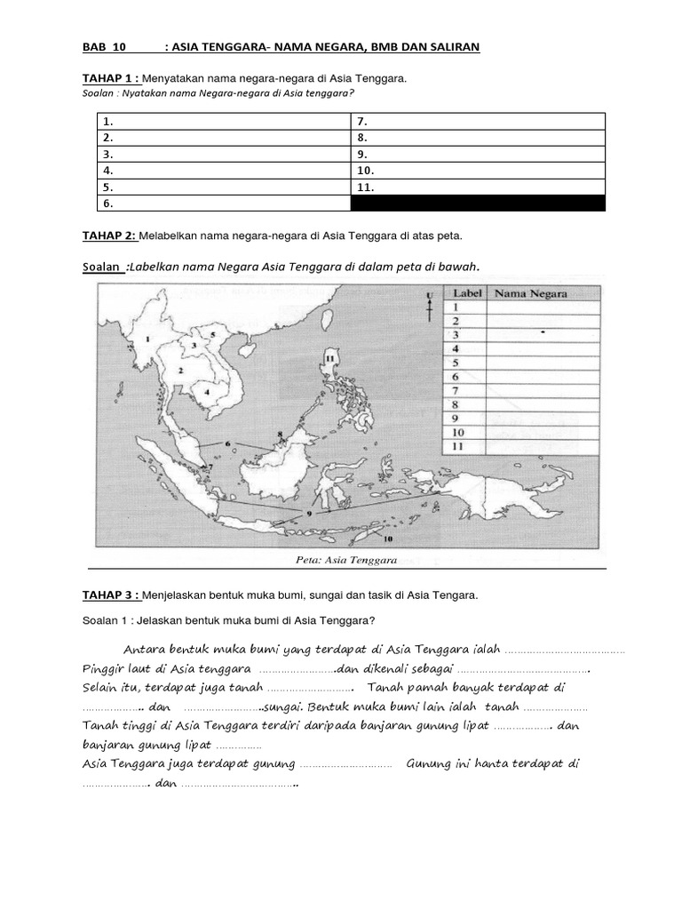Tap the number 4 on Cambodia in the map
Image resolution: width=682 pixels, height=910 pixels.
click(x=207, y=390)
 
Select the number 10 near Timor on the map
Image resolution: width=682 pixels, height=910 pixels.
click(x=388, y=539)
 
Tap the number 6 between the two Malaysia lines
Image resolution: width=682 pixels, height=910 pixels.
click(x=227, y=443)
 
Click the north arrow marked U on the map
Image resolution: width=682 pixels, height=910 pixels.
click(x=430, y=307)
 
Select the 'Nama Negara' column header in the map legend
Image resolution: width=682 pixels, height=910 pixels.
click(x=530, y=293)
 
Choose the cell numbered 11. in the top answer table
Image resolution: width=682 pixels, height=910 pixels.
click(x=366, y=188)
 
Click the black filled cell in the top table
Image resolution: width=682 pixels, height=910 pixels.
click(x=478, y=204)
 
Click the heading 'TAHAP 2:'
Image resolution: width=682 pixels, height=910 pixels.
click(x=108, y=235)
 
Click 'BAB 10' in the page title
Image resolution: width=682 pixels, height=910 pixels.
click(x=105, y=46)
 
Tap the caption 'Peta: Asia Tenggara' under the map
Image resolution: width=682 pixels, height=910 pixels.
click(x=345, y=560)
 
